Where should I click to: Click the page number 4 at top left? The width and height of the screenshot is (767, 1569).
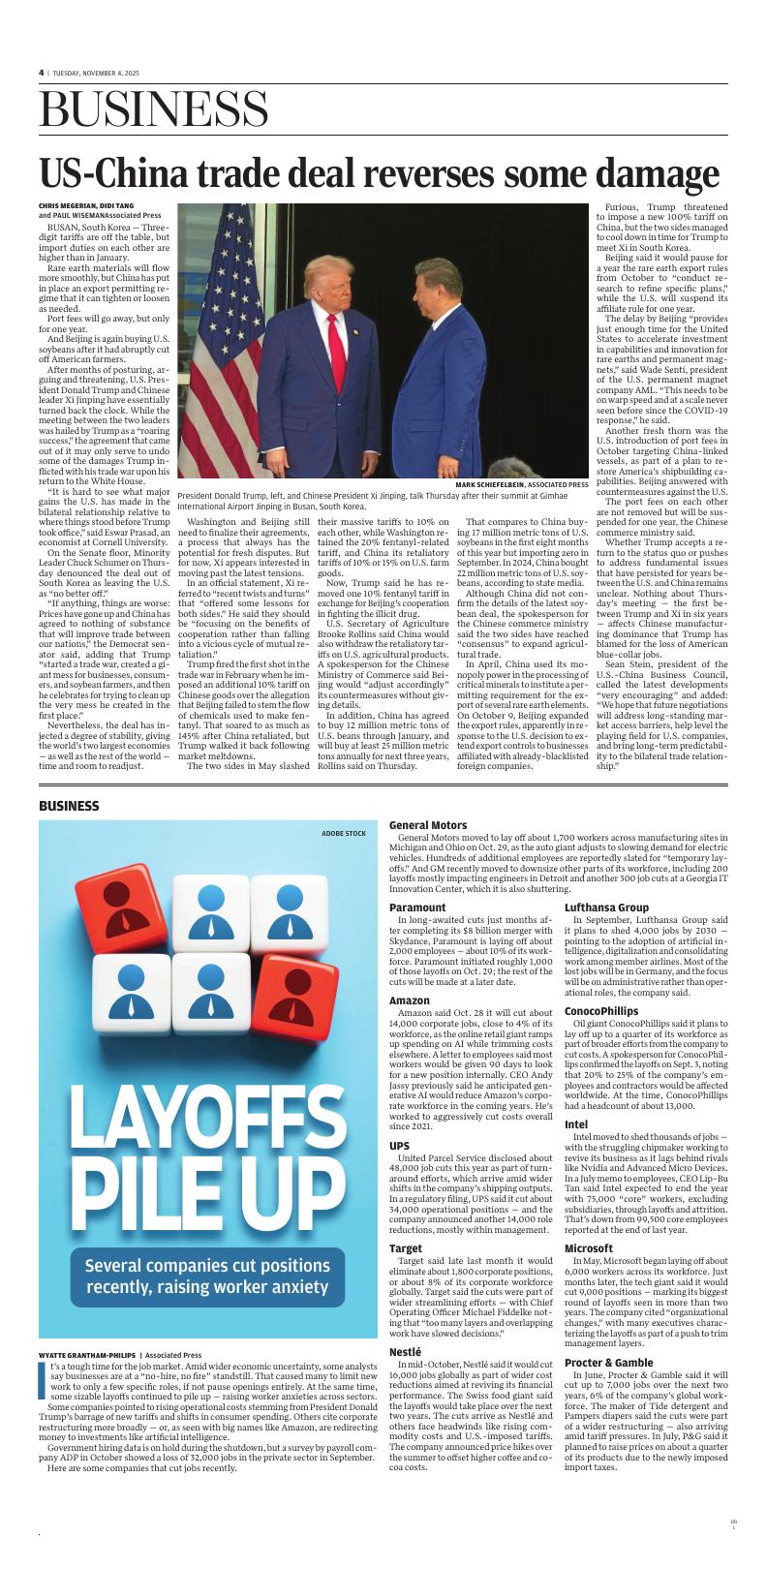[x=42, y=73]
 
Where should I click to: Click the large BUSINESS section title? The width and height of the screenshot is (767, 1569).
[x=154, y=108]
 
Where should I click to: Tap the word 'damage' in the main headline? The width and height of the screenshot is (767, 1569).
[x=658, y=173]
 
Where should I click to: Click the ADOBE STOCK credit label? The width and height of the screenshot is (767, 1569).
[x=344, y=833]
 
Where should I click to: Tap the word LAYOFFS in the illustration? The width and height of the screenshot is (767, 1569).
[x=203, y=1126]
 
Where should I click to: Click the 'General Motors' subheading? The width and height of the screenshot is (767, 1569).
[x=428, y=825]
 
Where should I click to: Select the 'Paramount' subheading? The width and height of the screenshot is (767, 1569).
[x=417, y=908]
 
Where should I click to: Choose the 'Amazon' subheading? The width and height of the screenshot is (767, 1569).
[x=410, y=1000]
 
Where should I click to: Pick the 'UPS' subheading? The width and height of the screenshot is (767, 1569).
[x=399, y=1146]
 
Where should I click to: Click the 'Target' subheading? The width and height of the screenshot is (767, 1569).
[x=406, y=1248]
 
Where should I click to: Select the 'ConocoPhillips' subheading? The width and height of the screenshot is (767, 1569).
[x=601, y=1011]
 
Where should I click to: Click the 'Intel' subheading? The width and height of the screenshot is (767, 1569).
[x=576, y=1124]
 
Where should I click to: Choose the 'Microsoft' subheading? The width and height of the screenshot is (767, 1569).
[x=589, y=1248]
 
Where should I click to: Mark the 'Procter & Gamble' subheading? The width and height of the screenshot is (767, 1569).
[x=608, y=1362]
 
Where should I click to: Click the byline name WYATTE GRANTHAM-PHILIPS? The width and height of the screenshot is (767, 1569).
[x=87, y=1355]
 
